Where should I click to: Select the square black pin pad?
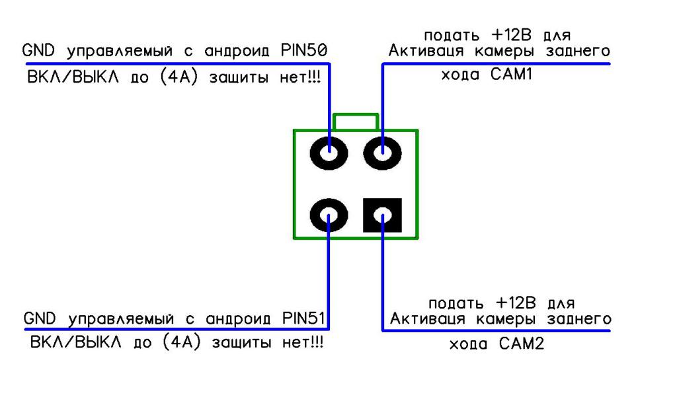point(382,215)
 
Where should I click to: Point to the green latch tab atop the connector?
point(356,122)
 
